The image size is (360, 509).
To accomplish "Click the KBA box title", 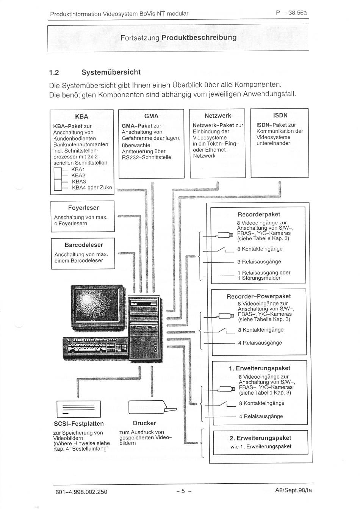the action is click(x=81, y=117).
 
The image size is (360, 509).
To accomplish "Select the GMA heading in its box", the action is click(x=151, y=116).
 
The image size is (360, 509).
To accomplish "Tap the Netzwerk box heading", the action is click(x=218, y=116).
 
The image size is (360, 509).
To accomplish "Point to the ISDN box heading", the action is click(x=280, y=115).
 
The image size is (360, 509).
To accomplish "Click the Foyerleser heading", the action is click(x=83, y=208).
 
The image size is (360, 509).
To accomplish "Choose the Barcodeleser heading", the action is click(x=84, y=245).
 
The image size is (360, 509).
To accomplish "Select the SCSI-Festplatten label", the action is click(x=78, y=424).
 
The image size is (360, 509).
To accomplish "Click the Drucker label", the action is click(x=144, y=423).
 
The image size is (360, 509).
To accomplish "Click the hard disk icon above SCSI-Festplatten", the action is click(x=78, y=409).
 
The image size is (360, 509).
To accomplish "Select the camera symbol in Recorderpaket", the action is click(x=224, y=235).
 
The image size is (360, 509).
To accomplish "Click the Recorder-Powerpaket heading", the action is click(x=259, y=296).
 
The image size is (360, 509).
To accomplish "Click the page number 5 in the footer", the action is click(x=183, y=491).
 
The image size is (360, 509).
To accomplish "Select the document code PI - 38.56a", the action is click(x=291, y=13).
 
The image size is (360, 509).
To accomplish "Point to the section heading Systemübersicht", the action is click(x=111, y=72).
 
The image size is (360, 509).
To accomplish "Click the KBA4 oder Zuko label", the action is click(x=92, y=188).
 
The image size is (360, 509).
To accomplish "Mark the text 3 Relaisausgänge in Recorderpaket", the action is click(x=259, y=262).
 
